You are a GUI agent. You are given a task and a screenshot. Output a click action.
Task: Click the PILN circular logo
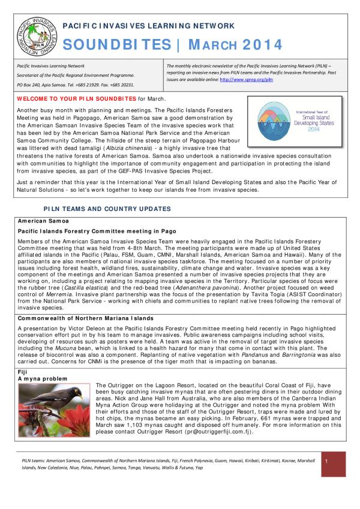click(x=33, y=35)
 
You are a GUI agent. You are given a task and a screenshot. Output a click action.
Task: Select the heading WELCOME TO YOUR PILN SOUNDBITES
click(x=76, y=98)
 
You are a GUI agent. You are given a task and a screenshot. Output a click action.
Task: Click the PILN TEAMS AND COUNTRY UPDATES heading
click(x=107, y=209)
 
